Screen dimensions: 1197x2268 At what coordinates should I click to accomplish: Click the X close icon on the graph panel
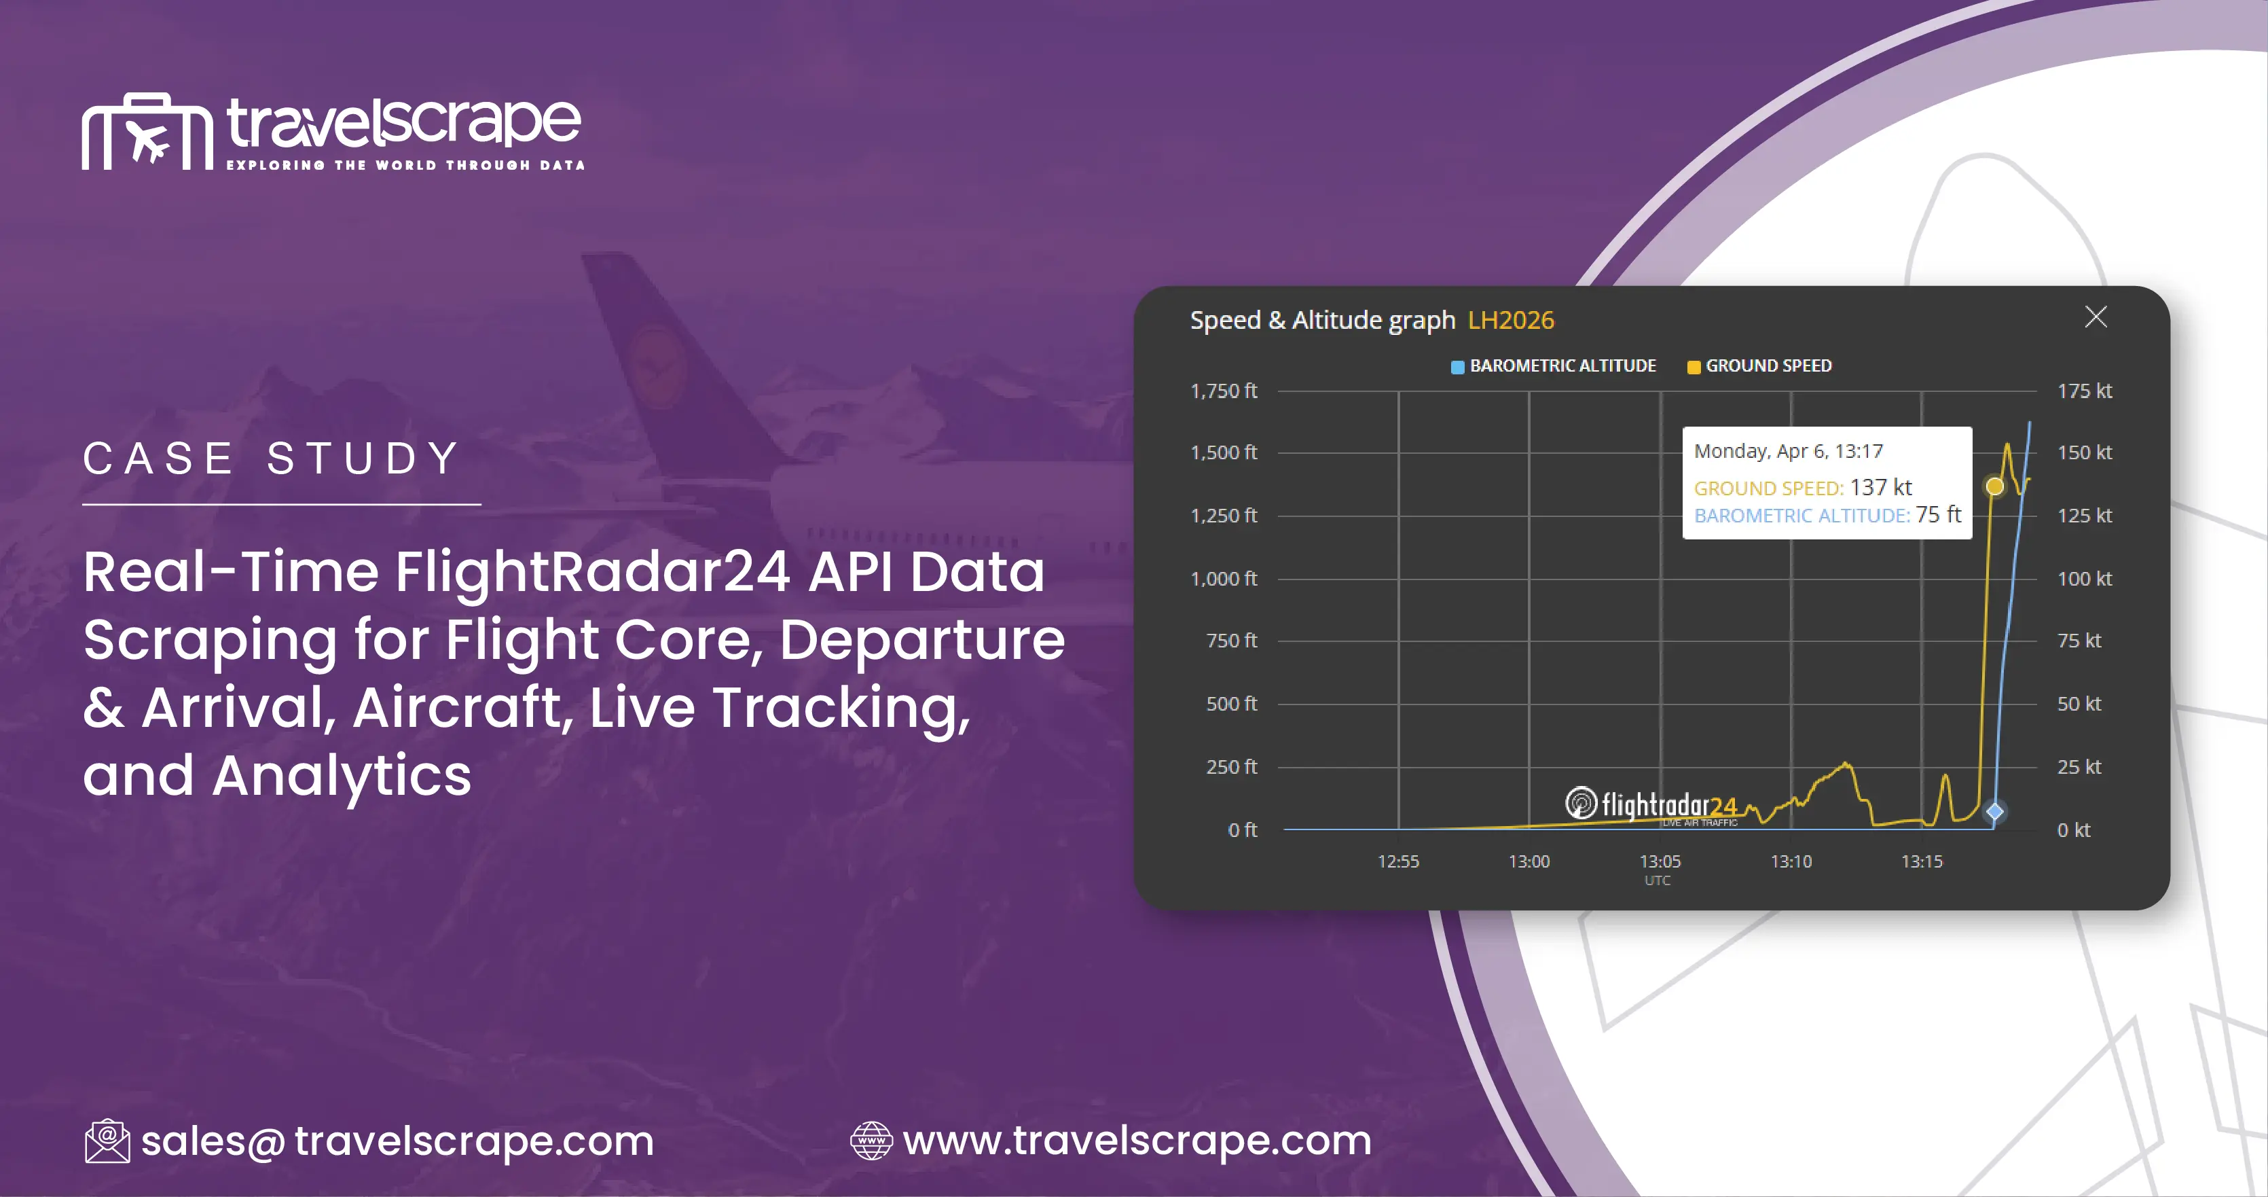pos(2096,317)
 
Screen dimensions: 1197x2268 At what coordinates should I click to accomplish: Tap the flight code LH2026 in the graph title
pos(1511,320)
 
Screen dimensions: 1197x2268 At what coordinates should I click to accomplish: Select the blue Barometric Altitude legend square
pos(1457,366)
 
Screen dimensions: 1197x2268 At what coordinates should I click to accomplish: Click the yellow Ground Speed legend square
pos(1693,366)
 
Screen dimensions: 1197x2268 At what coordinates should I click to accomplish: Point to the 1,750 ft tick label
pos(1223,391)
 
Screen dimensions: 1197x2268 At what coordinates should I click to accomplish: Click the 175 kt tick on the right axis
pos(2084,391)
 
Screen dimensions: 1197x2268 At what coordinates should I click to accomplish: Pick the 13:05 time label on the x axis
pos(1660,861)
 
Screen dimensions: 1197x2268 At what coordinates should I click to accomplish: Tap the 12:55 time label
pos(1398,861)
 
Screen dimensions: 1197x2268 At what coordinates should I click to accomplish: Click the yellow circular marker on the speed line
pos(1995,486)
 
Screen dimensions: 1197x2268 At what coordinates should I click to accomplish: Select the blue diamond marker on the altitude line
pos(1995,811)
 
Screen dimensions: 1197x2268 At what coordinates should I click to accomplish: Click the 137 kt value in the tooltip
pos(1881,487)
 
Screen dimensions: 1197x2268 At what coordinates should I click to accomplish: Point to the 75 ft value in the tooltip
pos(1938,514)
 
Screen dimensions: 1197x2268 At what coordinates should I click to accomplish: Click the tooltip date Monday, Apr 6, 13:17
pos(1788,451)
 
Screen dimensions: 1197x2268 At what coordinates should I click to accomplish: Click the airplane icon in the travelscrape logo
pos(147,140)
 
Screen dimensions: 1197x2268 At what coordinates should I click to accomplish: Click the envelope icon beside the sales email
pos(107,1141)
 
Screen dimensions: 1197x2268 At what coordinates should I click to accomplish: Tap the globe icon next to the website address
pos(871,1141)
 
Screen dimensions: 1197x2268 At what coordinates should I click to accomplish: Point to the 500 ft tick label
pos(1231,704)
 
